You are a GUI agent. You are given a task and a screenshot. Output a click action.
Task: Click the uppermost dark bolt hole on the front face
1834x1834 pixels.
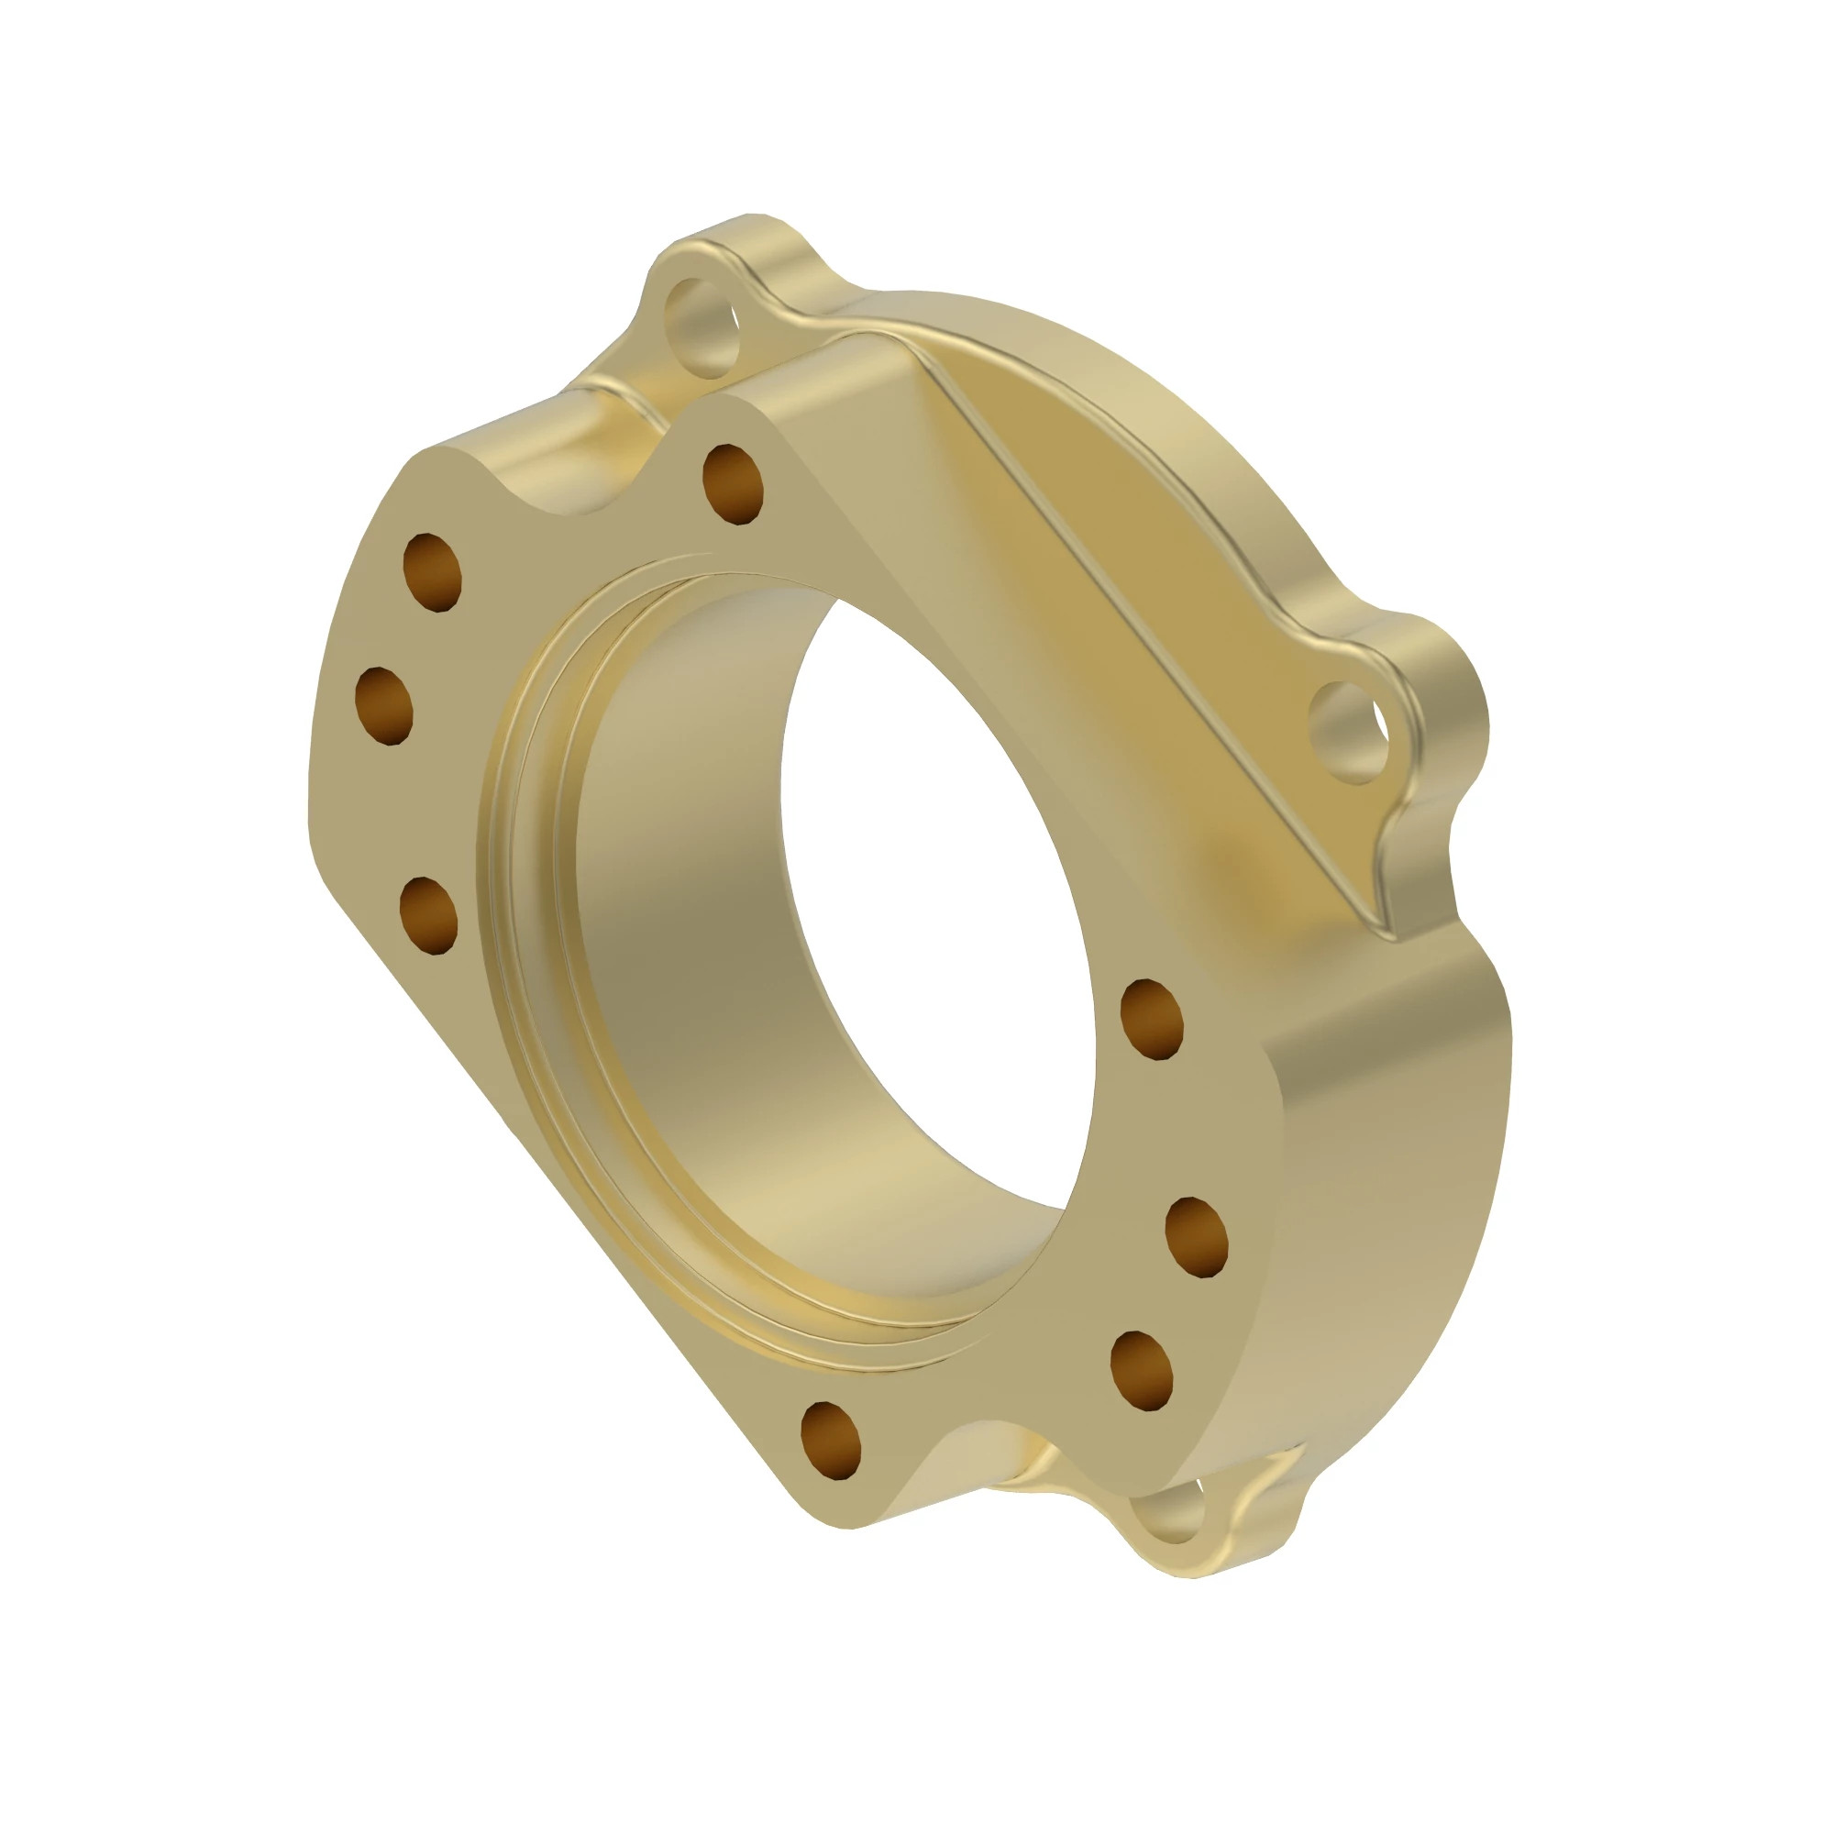coord(732,483)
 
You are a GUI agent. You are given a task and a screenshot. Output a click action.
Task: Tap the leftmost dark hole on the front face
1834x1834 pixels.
coord(383,706)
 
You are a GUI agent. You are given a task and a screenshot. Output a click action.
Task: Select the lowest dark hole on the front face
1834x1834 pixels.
coord(831,1440)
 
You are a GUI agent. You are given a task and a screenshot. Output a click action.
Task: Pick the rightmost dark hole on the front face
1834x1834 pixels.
coord(1196,1237)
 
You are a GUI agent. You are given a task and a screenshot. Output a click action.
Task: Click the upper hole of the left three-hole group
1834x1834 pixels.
coord(432,572)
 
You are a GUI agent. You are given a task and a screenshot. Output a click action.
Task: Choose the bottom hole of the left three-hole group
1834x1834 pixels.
coord(428,916)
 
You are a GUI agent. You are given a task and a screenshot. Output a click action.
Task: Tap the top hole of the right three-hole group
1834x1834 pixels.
coord(1152,1020)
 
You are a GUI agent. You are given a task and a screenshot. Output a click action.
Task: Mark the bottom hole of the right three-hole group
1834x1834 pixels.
coord(1141,1371)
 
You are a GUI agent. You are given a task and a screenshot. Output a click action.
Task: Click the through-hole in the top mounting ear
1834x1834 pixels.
coord(703,326)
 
